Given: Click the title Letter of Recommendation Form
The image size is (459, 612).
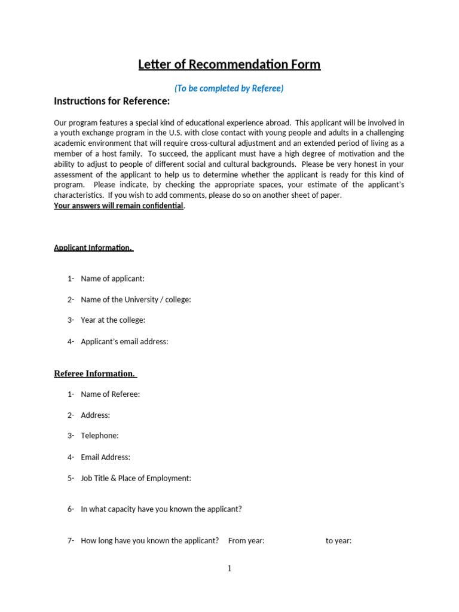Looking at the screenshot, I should (229, 65).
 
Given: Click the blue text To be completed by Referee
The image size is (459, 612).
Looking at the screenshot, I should (229, 88).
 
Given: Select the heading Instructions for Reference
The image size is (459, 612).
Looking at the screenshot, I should (112, 101).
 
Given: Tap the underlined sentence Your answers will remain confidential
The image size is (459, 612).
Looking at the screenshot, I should (119, 206).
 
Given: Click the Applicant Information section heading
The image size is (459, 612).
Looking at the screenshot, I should (93, 247).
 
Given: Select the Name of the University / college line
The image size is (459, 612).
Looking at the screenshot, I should (136, 299).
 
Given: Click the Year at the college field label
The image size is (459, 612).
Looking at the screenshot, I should (113, 320).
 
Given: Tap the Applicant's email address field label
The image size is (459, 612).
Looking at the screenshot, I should (124, 342).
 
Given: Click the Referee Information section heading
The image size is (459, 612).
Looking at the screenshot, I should (95, 374).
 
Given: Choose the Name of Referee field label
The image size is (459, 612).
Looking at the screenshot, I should (110, 394).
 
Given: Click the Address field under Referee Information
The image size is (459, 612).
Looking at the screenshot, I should (95, 415).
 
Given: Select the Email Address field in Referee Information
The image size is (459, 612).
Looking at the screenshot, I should (105, 457).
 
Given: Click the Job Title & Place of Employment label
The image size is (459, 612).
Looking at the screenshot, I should (136, 478).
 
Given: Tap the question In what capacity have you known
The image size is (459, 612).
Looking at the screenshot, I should (161, 510).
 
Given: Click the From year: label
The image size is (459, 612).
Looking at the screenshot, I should (246, 541).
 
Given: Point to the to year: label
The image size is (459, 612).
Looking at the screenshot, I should (338, 541).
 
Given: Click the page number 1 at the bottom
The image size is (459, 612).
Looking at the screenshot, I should (229, 569).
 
